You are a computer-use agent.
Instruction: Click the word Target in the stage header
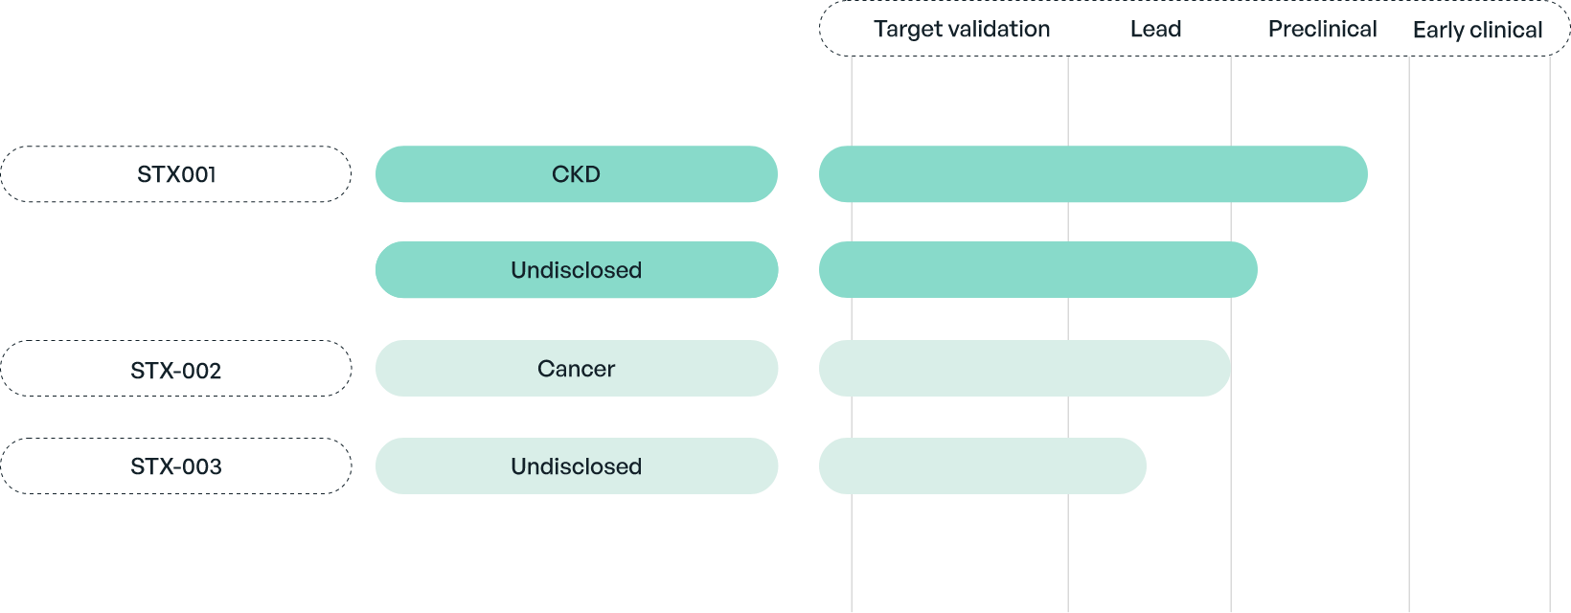[x=907, y=30]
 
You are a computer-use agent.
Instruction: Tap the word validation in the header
[x=999, y=29]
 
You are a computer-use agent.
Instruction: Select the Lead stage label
[x=1156, y=29]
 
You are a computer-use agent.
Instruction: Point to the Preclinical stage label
[x=1323, y=29]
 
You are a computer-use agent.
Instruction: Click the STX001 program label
[x=176, y=174]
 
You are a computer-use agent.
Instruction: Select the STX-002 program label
[x=176, y=368]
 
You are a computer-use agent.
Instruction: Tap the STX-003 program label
[x=176, y=465]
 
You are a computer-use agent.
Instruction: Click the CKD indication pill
[x=577, y=174]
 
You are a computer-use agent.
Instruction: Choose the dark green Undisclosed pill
[x=577, y=270]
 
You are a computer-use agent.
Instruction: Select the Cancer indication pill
[x=577, y=368]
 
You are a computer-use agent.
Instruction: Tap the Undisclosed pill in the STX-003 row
[x=577, y=465]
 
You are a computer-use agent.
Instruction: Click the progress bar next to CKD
[x=1093, y=174]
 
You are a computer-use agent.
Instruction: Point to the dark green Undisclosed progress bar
[x=1038, y=270]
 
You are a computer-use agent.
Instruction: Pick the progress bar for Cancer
[x=1025, y=368]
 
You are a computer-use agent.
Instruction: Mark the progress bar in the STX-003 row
[x=983, y=465]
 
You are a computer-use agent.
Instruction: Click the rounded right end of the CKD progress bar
[x=1366, y=174]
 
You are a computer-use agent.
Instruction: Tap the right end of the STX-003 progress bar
[x=1146, y=465]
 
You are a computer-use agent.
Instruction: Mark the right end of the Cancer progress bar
[x=1229, y=368]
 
